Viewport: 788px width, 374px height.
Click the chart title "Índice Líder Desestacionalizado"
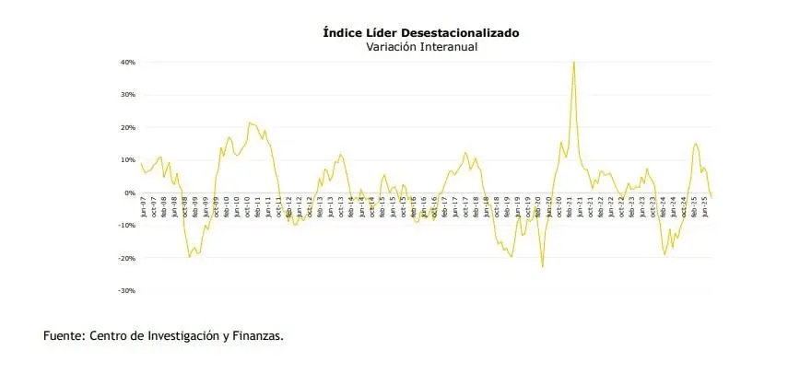(420, 32)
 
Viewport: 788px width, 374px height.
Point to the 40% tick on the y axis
(128, 63)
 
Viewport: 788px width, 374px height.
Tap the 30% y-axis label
(128, 95)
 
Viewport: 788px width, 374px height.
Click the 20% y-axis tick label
(128, 127)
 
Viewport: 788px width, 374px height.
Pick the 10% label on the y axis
(128, 160)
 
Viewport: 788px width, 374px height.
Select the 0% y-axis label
(130, 193)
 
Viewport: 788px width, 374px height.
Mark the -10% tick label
(127, 226)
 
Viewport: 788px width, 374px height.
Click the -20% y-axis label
(127, 258)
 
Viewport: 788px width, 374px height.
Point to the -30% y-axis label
(127, 290)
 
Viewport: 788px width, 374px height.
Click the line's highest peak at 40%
(574, 63)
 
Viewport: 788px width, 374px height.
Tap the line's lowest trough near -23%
(543, 267)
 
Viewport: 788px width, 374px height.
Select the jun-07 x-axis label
(144, 205)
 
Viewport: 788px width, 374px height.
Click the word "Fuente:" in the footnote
(65, 336)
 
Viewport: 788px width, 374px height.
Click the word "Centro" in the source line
(109, 336)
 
